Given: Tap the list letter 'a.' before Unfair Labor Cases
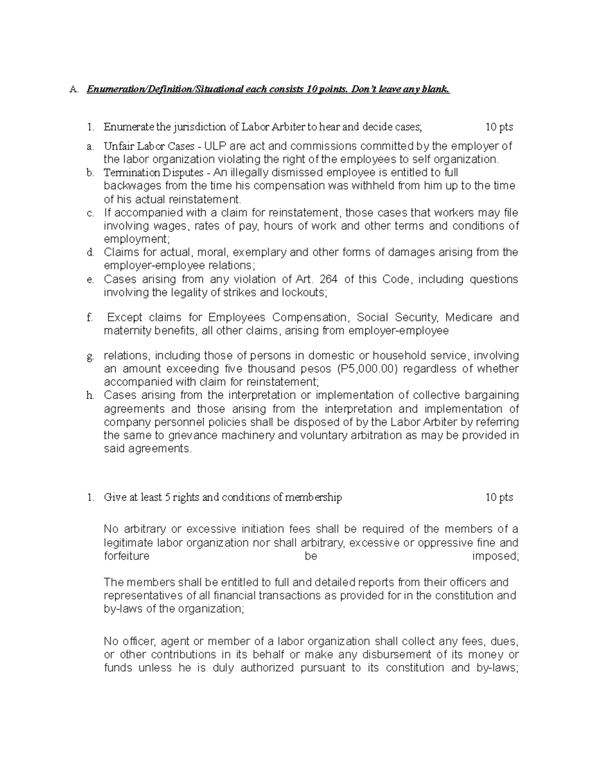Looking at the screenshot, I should pyautogui.click(x=89, y=146).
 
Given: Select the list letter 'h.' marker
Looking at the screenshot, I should pyautogui.click(x=89, y=396).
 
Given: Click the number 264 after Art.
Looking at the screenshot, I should pyautogui.click(x=329, y=280).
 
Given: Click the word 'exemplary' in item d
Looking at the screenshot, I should pyautogui.click(x=260, y=253).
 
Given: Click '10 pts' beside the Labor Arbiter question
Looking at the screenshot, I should pyautogui.click(x=499, y=127).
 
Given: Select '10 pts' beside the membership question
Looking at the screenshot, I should pyautogui.click(x=499, y=498).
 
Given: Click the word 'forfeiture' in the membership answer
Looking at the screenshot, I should pyautogui.click(x=127, y=556).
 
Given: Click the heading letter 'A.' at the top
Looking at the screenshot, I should pyautogui.click(x=74, y=89).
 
